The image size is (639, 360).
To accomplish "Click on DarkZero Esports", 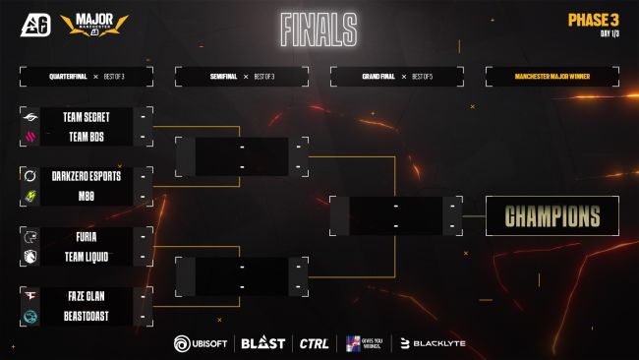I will click(88, 176).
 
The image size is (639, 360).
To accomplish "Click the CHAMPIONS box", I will click(552, 216).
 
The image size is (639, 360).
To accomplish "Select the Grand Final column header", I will click(395, 75).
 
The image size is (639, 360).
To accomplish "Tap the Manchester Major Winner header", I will click(552, 75).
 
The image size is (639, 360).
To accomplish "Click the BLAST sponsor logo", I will click(263, 343).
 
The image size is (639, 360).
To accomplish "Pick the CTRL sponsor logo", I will click(314, 343).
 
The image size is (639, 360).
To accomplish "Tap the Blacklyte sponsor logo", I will click(434, 343).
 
